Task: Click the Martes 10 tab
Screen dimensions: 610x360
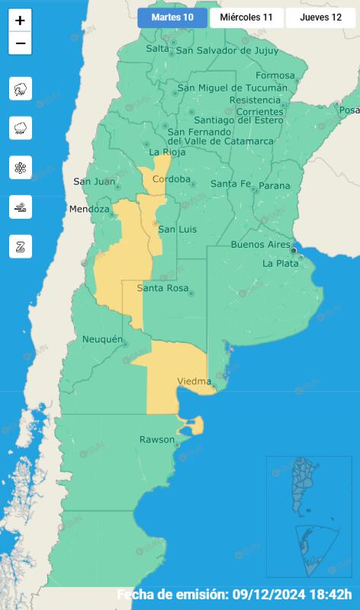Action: pos(172,18)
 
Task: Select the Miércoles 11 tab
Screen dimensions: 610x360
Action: pos(246,18)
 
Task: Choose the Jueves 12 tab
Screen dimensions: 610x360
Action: pos(320,18)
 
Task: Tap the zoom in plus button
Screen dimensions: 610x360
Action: pos(20,21)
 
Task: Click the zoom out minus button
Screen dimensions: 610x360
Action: pos(20,43)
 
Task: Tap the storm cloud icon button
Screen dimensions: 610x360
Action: pos(21,89)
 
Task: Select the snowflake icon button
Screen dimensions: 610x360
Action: pos(21,168)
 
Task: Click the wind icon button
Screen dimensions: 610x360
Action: pos(21,207)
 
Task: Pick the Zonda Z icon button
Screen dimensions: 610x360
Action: pos(21,246)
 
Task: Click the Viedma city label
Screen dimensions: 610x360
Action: pos(194,380)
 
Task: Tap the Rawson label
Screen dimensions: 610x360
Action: pos(157,440)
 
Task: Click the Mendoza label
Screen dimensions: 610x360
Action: pos(90,209)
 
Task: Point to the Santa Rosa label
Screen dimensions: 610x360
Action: pos(162,288)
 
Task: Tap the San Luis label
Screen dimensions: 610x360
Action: pos(172,230)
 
